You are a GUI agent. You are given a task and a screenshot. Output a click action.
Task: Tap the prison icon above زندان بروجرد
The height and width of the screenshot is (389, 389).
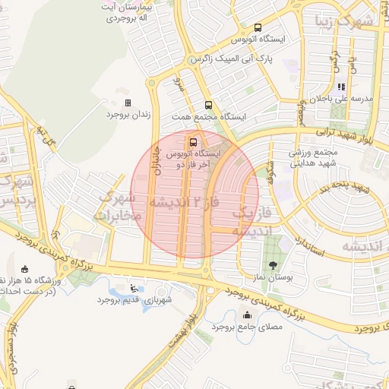pyautogui.click(x=128, y=103)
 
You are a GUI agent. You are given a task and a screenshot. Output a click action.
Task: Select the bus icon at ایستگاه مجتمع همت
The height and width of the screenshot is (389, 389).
pyautogui.click(x=208, y=106)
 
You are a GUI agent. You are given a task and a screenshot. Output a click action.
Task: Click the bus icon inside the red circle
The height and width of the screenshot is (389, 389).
pyautogui.click(x=193, y=141)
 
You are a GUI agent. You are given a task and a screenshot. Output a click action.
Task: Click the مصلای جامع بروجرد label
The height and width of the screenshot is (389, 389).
pyautogui.click(x=248, y=327)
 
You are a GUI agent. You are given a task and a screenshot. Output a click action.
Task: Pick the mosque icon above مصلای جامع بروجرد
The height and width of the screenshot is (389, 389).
pyautogui.click(x=246, y=315)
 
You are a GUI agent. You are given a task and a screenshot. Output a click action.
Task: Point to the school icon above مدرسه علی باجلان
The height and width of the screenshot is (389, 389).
pyautogui.click(x=342, y=87)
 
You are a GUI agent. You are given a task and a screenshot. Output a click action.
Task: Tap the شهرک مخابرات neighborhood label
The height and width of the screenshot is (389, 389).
pyautogui.click(x=116, y=207)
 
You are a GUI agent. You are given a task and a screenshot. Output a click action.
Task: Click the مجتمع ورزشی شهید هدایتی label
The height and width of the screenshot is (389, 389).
pyautogui.click(x=312, y=157)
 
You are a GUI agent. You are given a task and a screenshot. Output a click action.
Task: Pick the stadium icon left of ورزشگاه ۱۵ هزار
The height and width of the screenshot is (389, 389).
pyautogui.click(x=27, y=269)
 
